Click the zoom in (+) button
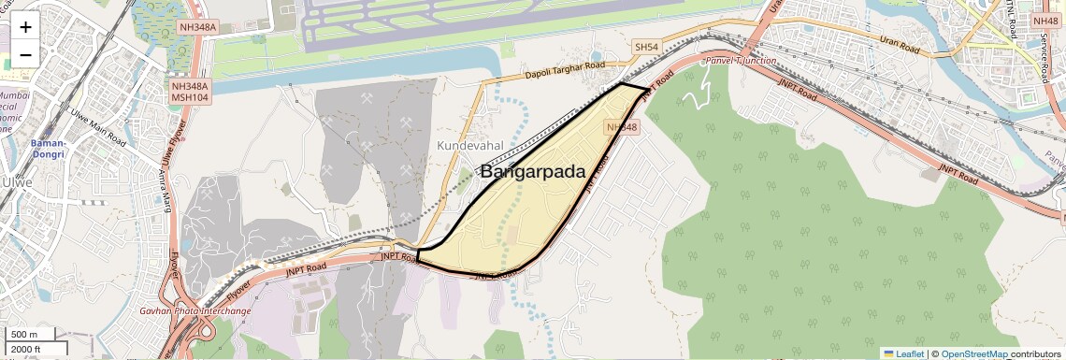[25, 26]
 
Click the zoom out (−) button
[25, 54]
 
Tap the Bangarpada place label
[532, 172]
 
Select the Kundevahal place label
[470, 146]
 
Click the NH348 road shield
[622, 127]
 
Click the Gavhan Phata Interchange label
[195, 310]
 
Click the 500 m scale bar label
[25, 335]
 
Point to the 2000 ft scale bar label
[28, 350]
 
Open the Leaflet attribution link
[902, 353]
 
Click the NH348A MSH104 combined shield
[190, 91]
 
